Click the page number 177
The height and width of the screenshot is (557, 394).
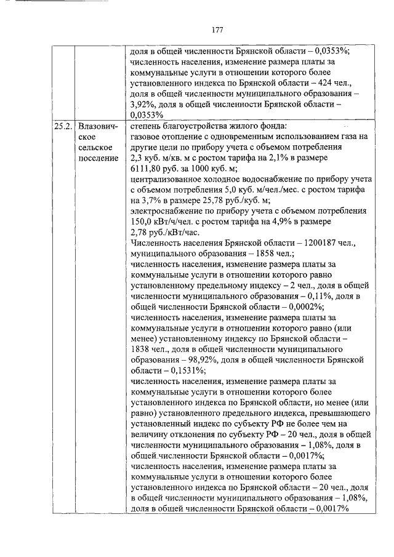click(x=216, y=29)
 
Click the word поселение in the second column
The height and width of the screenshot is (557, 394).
click(x=98, y=158)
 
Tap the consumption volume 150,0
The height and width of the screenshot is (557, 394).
click(x=142, y=222)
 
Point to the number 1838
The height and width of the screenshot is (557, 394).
click(x=142, y=350)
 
